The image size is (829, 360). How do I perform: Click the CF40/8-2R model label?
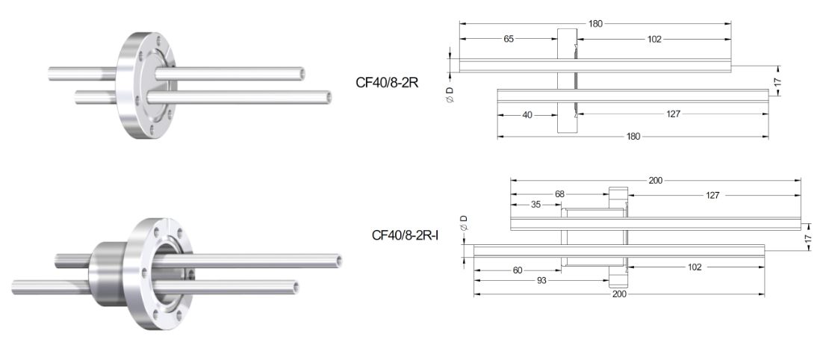pos(387,82)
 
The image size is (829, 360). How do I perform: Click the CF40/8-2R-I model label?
pos(406,235)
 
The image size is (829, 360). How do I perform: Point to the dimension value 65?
pos(509,39)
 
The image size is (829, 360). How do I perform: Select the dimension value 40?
pos(527,114)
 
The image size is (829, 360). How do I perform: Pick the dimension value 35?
pos(535,205)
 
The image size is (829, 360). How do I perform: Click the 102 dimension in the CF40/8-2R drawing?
pos(654,39)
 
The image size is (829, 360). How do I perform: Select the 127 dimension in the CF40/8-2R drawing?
pos(672,114)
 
